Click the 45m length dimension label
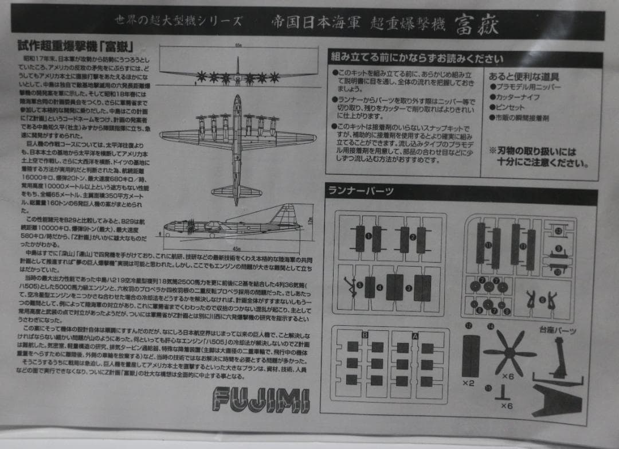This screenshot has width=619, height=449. click(236, 248)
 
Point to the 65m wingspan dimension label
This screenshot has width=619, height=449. click(237, 45)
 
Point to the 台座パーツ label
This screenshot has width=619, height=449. click(557, 331)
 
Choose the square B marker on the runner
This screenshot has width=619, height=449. click(365, 334)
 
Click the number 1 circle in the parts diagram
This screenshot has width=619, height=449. click(369, 236)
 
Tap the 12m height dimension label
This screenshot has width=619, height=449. click(311, 220)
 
